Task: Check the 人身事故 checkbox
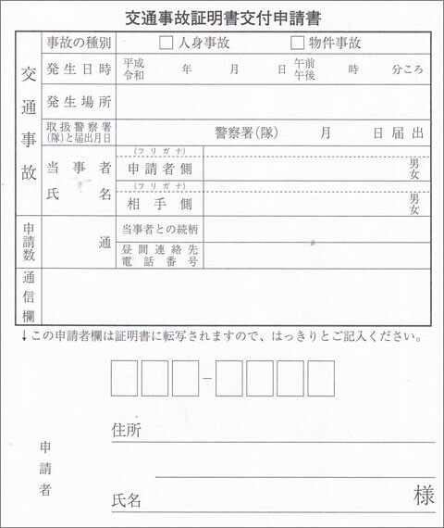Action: (x=166, y=42)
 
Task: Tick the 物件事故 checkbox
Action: (x=297, y=42)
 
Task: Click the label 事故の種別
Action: (x=79, y=43)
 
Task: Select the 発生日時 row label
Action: (x=79, y=69)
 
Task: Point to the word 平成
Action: (x=133, y=63)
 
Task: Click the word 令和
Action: (x=133, y=76)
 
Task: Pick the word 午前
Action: (x=303, y=63)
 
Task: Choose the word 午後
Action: (x=303, y=76)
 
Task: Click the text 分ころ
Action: (x=408, y=70)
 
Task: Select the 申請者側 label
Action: (x=159, y=169)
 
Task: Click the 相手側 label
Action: (x=159, y=203)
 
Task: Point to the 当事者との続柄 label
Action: (x=159, y=229)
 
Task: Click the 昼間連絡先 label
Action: (x=159, y=249)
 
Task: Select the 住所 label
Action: (x=126, y=431)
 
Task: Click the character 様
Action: (x=423, y=497)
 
